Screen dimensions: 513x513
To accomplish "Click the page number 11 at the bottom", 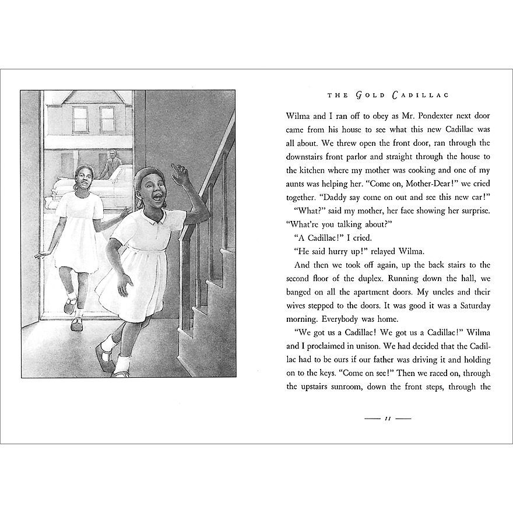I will point(387,419).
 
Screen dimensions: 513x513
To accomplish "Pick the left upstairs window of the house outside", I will point(80,120).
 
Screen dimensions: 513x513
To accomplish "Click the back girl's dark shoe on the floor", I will point(76,324).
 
